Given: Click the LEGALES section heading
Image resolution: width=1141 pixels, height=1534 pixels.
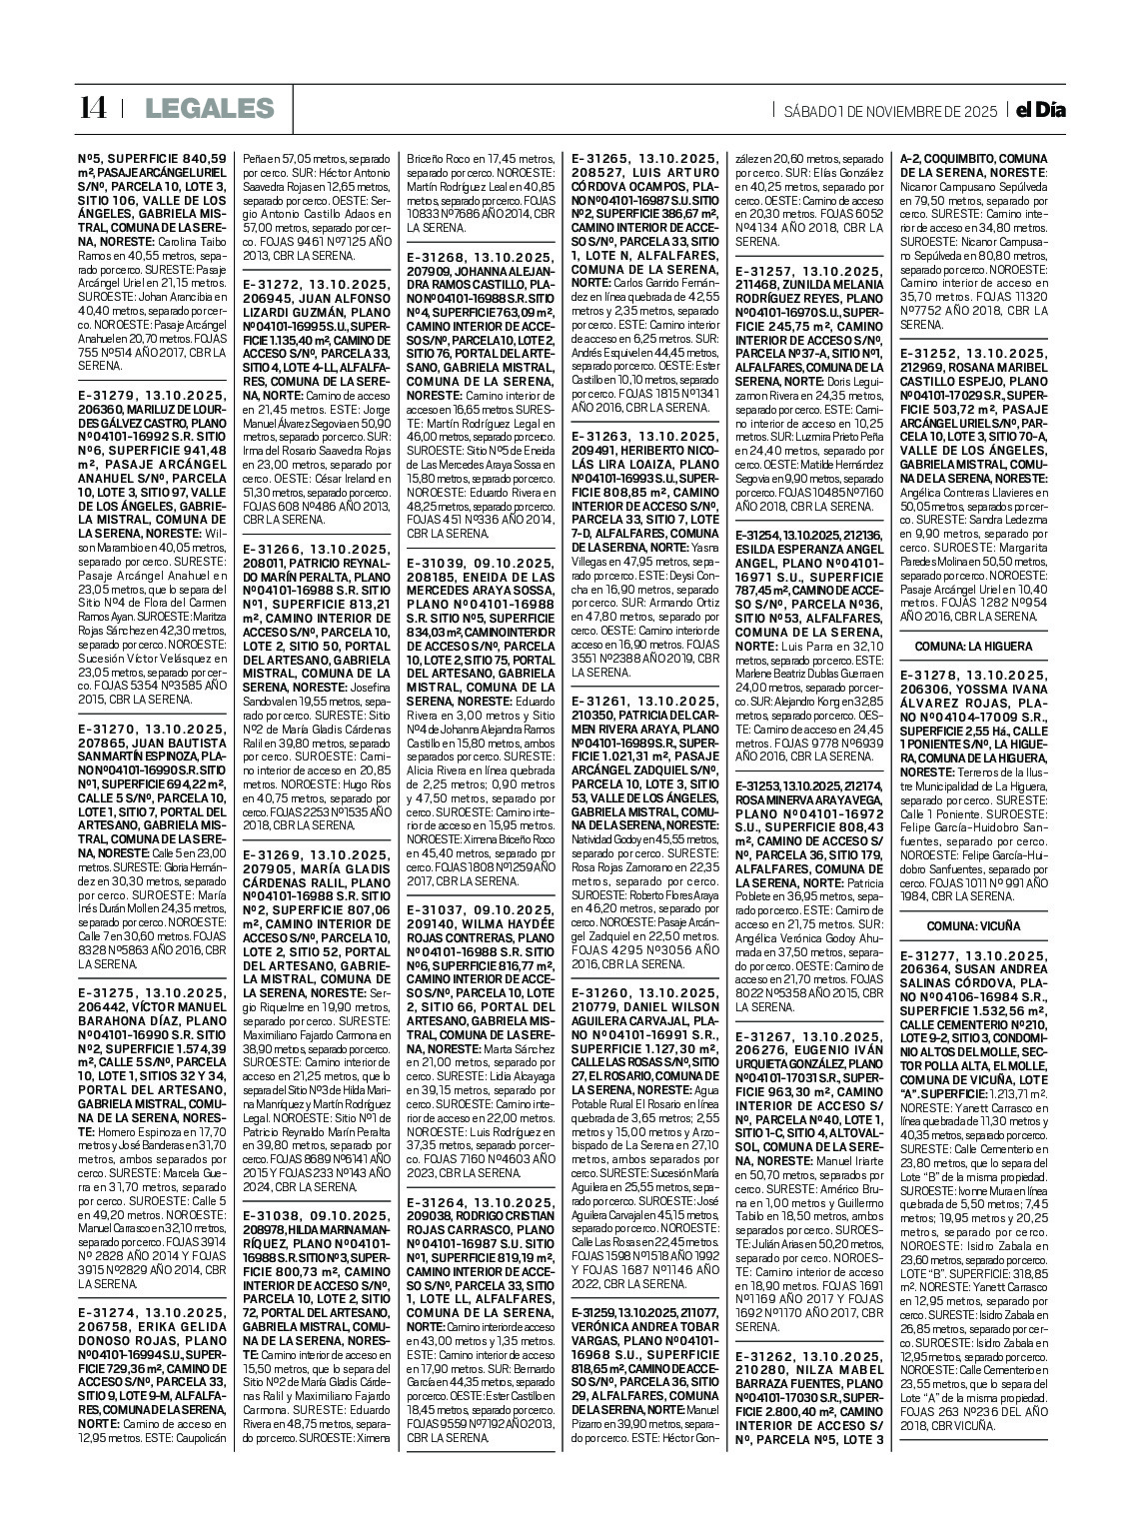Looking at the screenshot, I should coord(208,109).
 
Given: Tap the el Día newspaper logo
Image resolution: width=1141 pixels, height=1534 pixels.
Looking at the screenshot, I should coord(1036,110).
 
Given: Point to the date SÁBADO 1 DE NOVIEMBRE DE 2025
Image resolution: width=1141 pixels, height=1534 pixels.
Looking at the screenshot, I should coord(890,111).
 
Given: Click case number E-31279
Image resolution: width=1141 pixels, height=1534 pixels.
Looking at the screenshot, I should coord(112,397).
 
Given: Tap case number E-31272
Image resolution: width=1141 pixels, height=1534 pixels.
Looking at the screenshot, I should coord(278,285).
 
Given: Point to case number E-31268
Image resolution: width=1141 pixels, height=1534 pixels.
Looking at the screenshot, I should coord(441,257).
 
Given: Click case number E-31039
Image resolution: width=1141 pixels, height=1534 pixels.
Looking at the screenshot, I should coord(441,563).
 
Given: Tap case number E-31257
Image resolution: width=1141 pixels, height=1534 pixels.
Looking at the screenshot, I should coord(770,271).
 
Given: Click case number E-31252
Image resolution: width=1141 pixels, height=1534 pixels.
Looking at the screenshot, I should coord(935,354).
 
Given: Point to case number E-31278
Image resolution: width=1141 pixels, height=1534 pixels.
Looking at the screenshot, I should coord(935,675).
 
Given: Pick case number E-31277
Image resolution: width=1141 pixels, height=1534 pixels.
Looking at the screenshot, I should coord(935,953).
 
